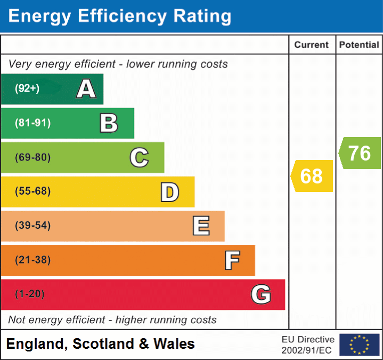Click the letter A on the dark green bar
[x=86, y=89]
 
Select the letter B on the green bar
[x=109, y=123]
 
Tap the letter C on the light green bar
[x=139, y=157]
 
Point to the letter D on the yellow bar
[x=170, y=192]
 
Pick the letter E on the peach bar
[x=201, y=226]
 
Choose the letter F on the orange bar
[x=232, y=260]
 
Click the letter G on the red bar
[x=261, y=294]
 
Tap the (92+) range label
[x=27, y=89]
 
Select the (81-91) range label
[x=32, y=123]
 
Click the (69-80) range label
[x=32, y=157]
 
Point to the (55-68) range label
[x=32, y=191]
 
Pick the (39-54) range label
[x=32, y=226]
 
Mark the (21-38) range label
[x=32, y=260]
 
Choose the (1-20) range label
[x=30, y=294]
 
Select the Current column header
[x=312, y=45]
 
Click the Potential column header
[x=359, y=45]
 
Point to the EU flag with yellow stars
[x=359, y=345]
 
